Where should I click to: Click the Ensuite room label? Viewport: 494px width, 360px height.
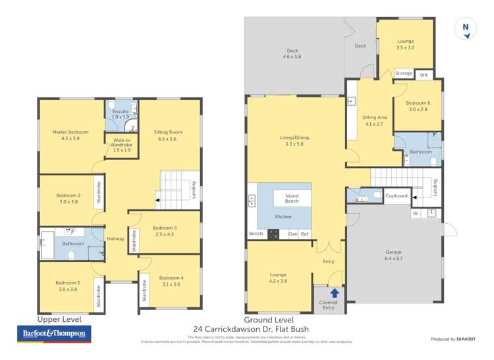pos(120,114)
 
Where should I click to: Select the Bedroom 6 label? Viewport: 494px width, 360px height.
pos(418,106)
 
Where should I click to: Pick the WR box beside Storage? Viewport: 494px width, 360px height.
pos(424,76)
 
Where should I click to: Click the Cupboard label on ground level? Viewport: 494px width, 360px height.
pos(397,195)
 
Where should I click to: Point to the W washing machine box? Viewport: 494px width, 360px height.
pos(416,213)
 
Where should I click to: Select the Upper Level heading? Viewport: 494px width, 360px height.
pos(59,319)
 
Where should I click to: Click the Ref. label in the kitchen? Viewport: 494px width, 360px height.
pos(305,234)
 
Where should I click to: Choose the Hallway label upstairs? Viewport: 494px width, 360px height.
pos(116,239)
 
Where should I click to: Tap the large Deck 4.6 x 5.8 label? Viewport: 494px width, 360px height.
pos(292,54)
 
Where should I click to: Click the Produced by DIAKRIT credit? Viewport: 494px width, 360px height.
pos(453,339)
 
